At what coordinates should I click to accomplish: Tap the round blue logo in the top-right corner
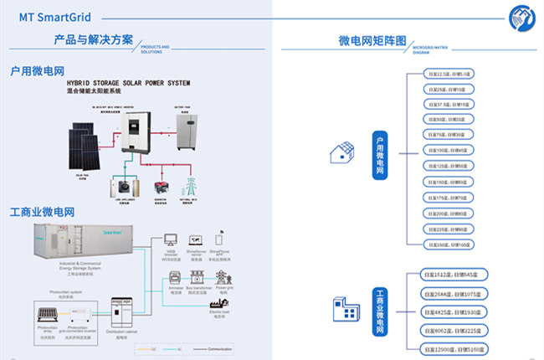(x=522, y=16)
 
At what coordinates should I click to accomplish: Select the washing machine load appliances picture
(x=126, y=188)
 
